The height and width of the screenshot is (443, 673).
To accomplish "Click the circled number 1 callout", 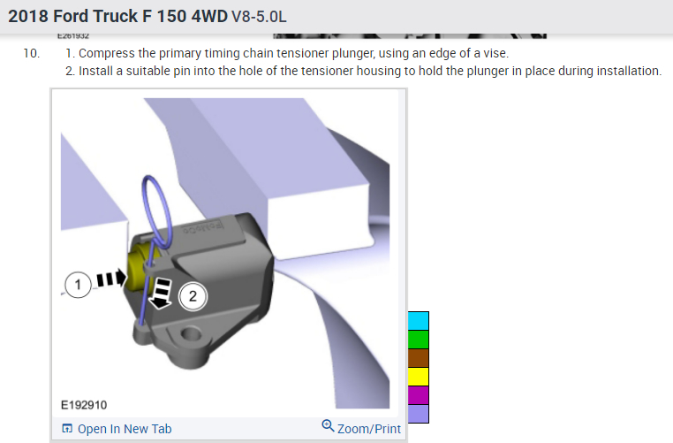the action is pyautogui.click(x=78, y=285).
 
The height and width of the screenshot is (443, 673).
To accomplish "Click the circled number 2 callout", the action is pyautogui.click(x=193, y=296).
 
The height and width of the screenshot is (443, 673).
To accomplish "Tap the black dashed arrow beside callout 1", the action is pyautogui.click(x=111, y=279).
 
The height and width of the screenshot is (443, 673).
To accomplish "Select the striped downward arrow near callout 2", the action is pyautogui.click(x=162, y=293).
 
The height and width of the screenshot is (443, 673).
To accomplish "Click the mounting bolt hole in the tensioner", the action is pyautogui.click(x=191, y=333).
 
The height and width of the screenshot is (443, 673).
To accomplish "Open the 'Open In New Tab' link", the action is pyautogui.click(x=117, y=429).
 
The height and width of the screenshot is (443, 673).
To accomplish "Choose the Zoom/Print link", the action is pyautogui.click(x=361, y=428).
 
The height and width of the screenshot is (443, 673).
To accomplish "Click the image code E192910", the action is pyautogui.click(x=84, y=405).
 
